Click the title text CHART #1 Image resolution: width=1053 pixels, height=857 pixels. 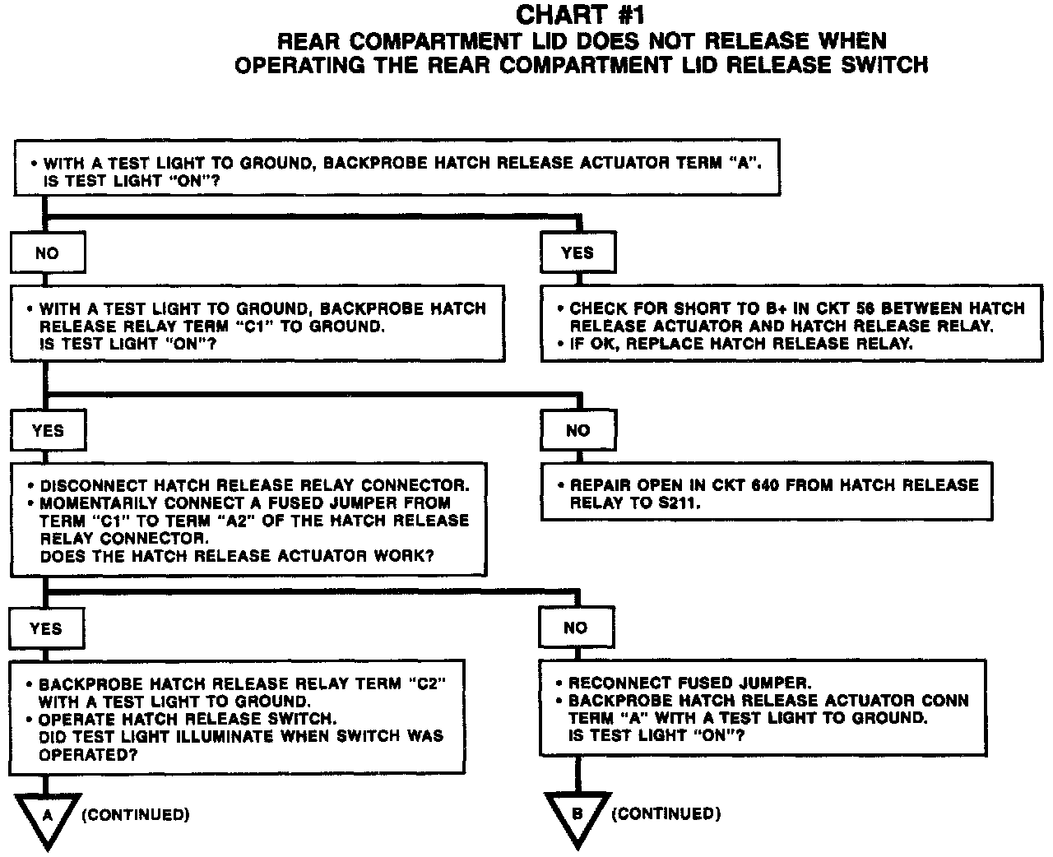pos(580,15)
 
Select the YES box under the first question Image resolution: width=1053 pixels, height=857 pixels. pos(577,253)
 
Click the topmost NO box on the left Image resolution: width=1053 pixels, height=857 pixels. pos(47,253)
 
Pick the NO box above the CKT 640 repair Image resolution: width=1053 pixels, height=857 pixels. pos(578,430)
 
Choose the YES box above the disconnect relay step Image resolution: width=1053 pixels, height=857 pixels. pos(48,430)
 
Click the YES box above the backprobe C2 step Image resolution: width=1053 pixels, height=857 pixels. pos(46,628)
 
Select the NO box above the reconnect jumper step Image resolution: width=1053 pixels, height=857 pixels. pos(576,628)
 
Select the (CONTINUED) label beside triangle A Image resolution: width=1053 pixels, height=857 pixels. pos(136,815)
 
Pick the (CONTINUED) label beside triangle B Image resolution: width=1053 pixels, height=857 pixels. pos(666,814)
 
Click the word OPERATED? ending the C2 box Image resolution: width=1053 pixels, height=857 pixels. pos(88,753)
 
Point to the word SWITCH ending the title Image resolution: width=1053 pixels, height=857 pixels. pos(884,65)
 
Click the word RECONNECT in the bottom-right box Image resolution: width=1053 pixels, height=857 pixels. pos(619,683)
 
